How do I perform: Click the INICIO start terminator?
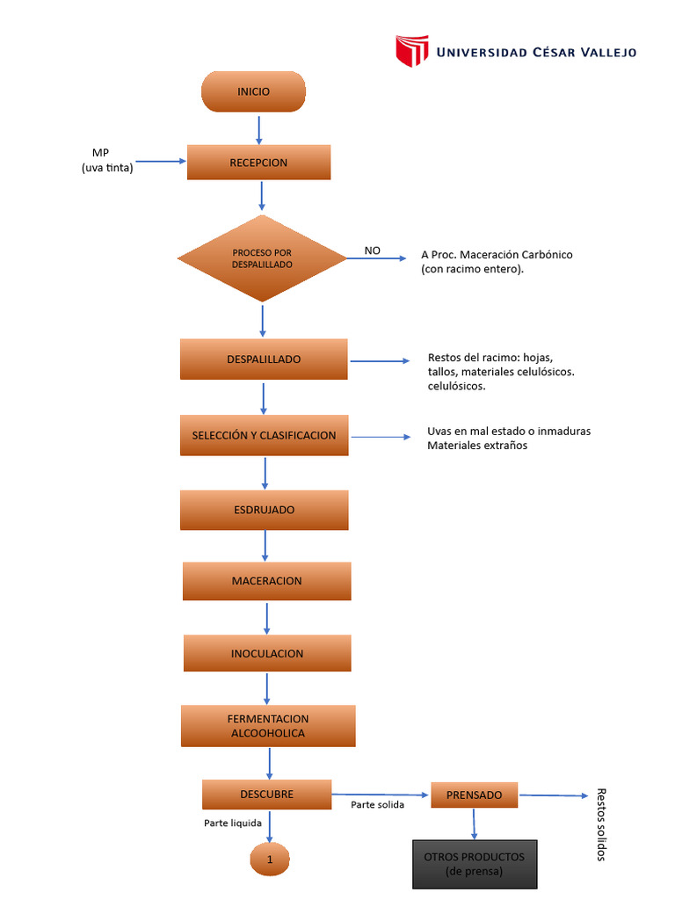pyautogui.click(x=253, y=91)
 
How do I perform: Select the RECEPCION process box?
pyautogui.click(x=258, y=163)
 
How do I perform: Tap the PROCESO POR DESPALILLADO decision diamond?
pyautogui.click(x=262, y=258)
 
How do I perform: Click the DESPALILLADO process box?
pyautogui.click(x=264, y=359)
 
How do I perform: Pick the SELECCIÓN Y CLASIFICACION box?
pyautogui.click(x=264, y=435)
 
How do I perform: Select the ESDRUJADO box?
pyautogui.click(x=264, y=510)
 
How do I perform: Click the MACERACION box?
pyautogui.click(x=266, y=581)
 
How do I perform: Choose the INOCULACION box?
pyautogui.click(x=267, y=653)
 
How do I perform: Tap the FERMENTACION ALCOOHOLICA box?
pyautogui.click(x=268, y=726)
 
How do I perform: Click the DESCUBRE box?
pyautogui.click(x=266, y=795)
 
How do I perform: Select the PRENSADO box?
pyautogui.click(x=474, y=795)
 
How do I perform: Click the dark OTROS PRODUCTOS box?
pyautogui.click(x=474, y=864)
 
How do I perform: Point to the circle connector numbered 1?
pyautogui.click(x=270, y=860)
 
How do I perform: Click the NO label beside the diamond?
pyautogui.click(x=373, y=250)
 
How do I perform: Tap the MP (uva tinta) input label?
pyautogui.click(x=107, y=161)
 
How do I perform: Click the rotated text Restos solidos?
pyautogui.click(x=601, y=824)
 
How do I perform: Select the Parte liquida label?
pyautogui.click(x=233, y=823)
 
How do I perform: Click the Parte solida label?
pyautogui.click(x=377, y=805)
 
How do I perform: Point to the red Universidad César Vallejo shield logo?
pyautogui.click(x=411, y=52)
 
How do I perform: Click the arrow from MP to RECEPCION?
pyautogui.click(x=162, y=162)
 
